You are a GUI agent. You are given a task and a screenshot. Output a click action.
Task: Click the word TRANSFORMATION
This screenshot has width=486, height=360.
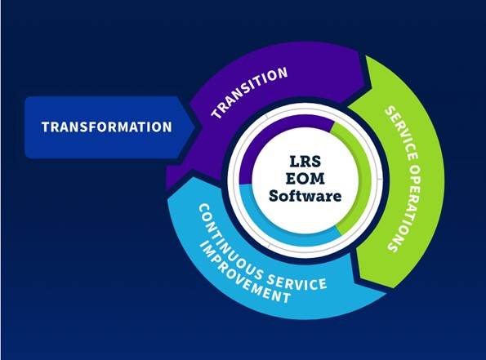[x=107, y=127]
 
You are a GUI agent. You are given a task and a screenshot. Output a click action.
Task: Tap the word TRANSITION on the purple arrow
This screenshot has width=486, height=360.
[x=249, y=91]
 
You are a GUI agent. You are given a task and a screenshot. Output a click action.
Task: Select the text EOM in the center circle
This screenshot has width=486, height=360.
[x=305, y=179]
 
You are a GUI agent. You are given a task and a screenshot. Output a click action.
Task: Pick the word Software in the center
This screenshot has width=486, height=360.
[x=305, y=196]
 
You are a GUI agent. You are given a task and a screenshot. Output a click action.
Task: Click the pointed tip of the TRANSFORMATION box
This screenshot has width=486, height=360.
[x=194, y=127]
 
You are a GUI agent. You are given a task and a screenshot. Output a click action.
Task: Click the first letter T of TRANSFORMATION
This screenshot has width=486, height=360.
[x=46, y=127]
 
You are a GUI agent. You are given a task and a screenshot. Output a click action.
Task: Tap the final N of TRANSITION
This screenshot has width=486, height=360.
[x=283, y=73]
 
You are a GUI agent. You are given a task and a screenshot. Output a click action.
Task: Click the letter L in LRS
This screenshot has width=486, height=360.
[x=294, y=161]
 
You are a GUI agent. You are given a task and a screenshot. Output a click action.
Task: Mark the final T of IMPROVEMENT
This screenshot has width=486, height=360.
[x=287, y=297]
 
